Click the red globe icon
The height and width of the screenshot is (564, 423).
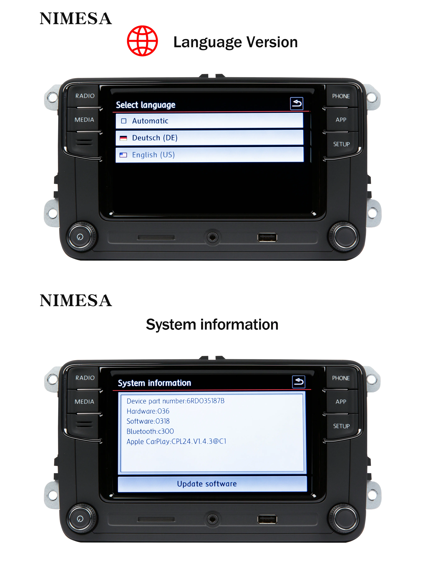[x=142, y=41]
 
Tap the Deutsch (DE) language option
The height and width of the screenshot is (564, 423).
[x=209, y=138]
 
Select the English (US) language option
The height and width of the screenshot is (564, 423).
[x=209, y=155]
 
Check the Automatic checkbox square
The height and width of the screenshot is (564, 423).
[x=124, y=121]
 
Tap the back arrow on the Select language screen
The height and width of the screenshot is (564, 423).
[x=296, y=103]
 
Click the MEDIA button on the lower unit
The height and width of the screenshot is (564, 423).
[x=84, y=402]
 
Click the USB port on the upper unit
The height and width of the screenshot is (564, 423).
[x=267, y=237]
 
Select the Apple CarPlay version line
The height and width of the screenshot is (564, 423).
[x=176, y=441]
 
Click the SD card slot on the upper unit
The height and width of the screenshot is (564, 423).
[x=156, y=237]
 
